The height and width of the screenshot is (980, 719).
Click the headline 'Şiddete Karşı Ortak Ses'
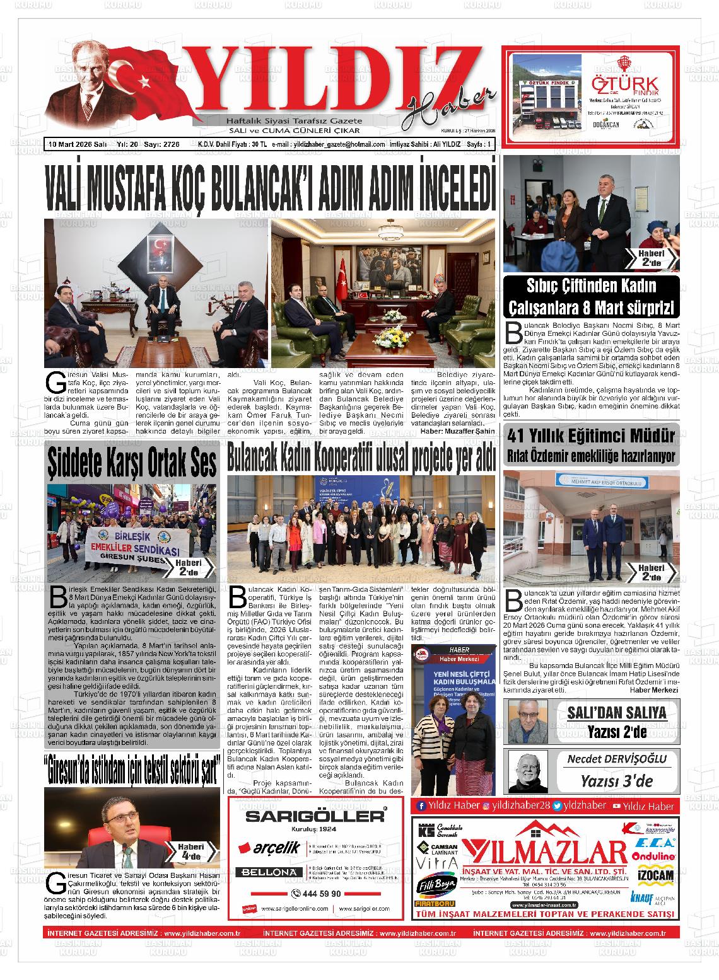[132, 463]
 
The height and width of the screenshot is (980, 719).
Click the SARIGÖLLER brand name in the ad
[315, 816]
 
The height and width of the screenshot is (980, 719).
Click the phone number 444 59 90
[317, 894]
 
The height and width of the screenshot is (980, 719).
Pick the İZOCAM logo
[656, 875]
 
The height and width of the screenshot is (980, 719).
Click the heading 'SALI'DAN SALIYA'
[616, 713]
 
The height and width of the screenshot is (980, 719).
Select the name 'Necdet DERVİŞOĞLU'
[616, 759]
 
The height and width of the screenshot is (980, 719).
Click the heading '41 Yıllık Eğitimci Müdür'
[591, 435]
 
